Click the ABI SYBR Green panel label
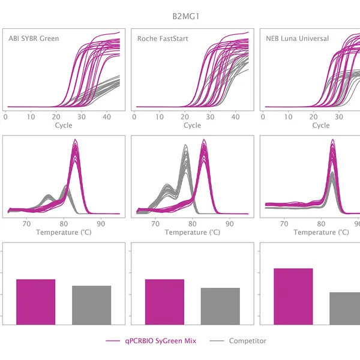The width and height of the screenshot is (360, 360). click(x=34, y=39)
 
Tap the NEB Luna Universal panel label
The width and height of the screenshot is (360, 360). click(x=298, y=39)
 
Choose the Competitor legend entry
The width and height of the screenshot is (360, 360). click(x=247, y=341)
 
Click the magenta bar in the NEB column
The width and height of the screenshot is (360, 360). click(x=293, y=296)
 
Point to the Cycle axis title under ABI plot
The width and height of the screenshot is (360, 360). click(x=64, y=125)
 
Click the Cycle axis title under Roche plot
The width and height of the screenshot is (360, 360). click(x=192, y=125)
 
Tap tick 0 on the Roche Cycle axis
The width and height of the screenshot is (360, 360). click(x=134, y=116)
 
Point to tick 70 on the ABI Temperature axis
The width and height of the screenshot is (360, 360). click(x=26, y=223)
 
